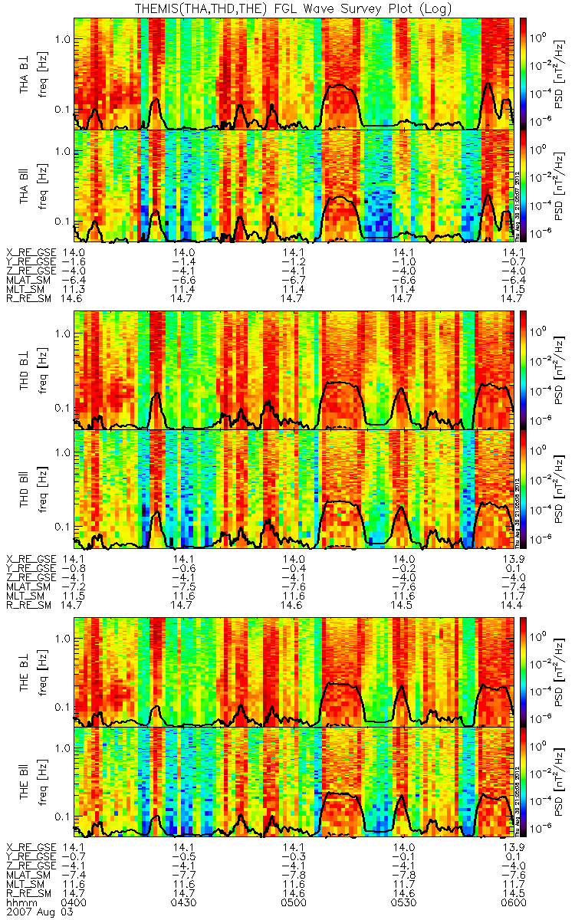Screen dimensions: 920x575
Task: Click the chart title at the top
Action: (294, 8)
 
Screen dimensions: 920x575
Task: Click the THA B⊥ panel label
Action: (26, 73)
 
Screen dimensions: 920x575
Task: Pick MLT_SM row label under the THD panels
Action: (27, 595)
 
